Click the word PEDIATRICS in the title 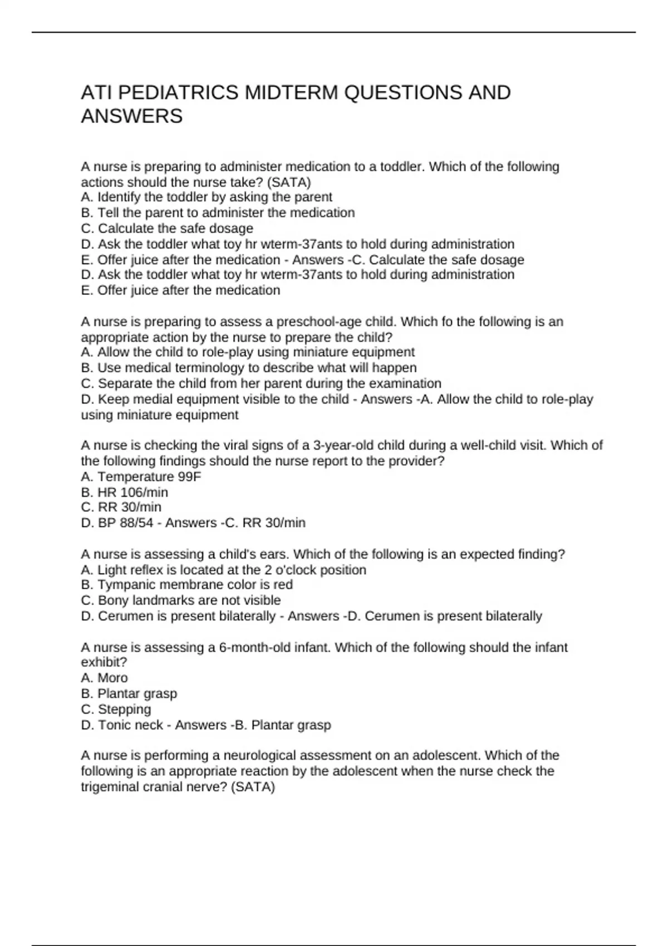pos(176,92)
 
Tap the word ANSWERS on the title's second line pos(132,116)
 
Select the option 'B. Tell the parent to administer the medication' pos(218,213)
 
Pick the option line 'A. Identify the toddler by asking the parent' pos(207,197)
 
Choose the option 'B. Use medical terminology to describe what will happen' pos(249,368)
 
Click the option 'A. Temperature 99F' pos(141,476)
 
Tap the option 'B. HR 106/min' pos(125,492)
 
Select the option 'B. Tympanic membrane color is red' pos(187,584)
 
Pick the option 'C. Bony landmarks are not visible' pos(181,600)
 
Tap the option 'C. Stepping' pos(116,709)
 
